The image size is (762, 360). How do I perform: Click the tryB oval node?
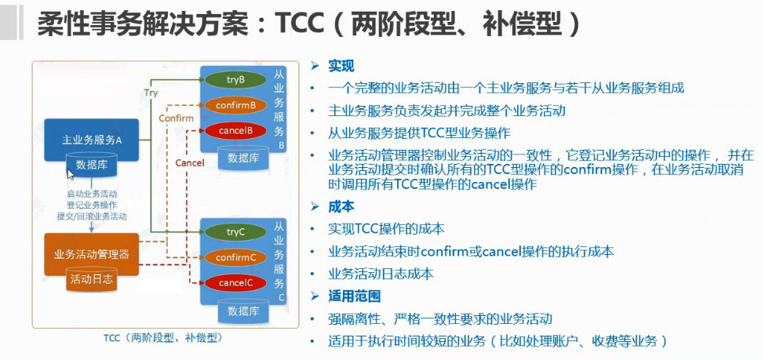click(235, 79)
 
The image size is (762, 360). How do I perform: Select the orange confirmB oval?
click(235, 104)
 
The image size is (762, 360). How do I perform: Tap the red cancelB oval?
click(235, 130)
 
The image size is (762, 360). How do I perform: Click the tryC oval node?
click(235, 231)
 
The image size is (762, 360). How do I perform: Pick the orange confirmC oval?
click(235, 257)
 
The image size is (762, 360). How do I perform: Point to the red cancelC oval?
click(235, 282)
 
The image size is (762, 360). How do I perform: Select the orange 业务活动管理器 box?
click(92, 254)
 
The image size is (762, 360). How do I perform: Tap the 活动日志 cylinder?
click(91, 279)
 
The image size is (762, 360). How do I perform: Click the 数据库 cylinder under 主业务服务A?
click(92, 165)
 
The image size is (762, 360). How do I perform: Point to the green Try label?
click(151, 93)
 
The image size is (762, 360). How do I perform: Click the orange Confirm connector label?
click(175, 118)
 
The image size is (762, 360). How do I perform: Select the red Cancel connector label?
click(189, 163)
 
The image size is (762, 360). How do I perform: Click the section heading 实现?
click(341, 65)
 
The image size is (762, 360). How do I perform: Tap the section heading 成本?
click(341, 206)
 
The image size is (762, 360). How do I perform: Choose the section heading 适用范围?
click(354, 296)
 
